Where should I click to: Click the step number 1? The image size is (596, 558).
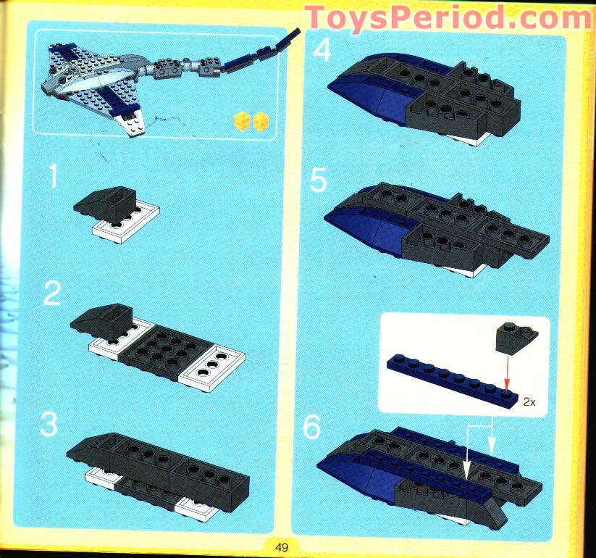pyautogui.click(x=51, y=178)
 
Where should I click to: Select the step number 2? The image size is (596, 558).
pyautogui.click(x=52, y=295)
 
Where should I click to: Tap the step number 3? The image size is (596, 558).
pyautogui.click(x=49, y=425)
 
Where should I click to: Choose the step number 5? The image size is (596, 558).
pyautogui.click(x=319, y=180)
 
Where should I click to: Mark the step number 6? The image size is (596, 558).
pyautogui.click(x=311, y=428)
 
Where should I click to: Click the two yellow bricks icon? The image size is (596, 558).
pyautogui.click(x=250, y=121)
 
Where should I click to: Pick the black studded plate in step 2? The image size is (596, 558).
pyautogui.click(x=155, y=348)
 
